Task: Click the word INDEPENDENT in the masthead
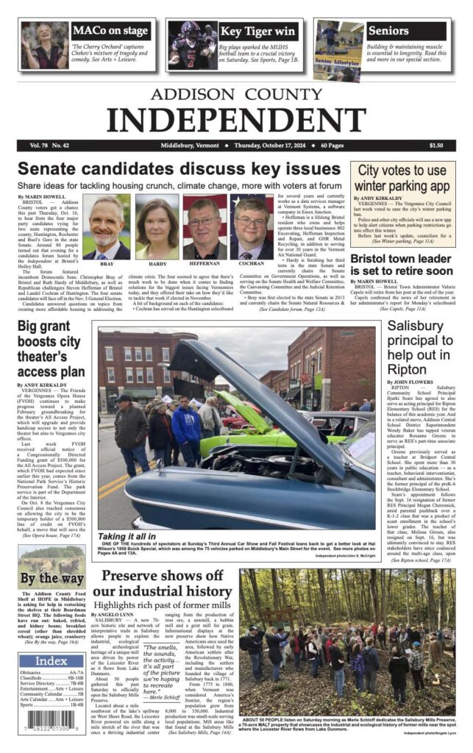coord(236,118)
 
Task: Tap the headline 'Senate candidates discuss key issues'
coord(179,168)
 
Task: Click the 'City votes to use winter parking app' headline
coord(402,179)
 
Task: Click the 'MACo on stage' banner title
coord(109,31)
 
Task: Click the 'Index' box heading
coord(51,660)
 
